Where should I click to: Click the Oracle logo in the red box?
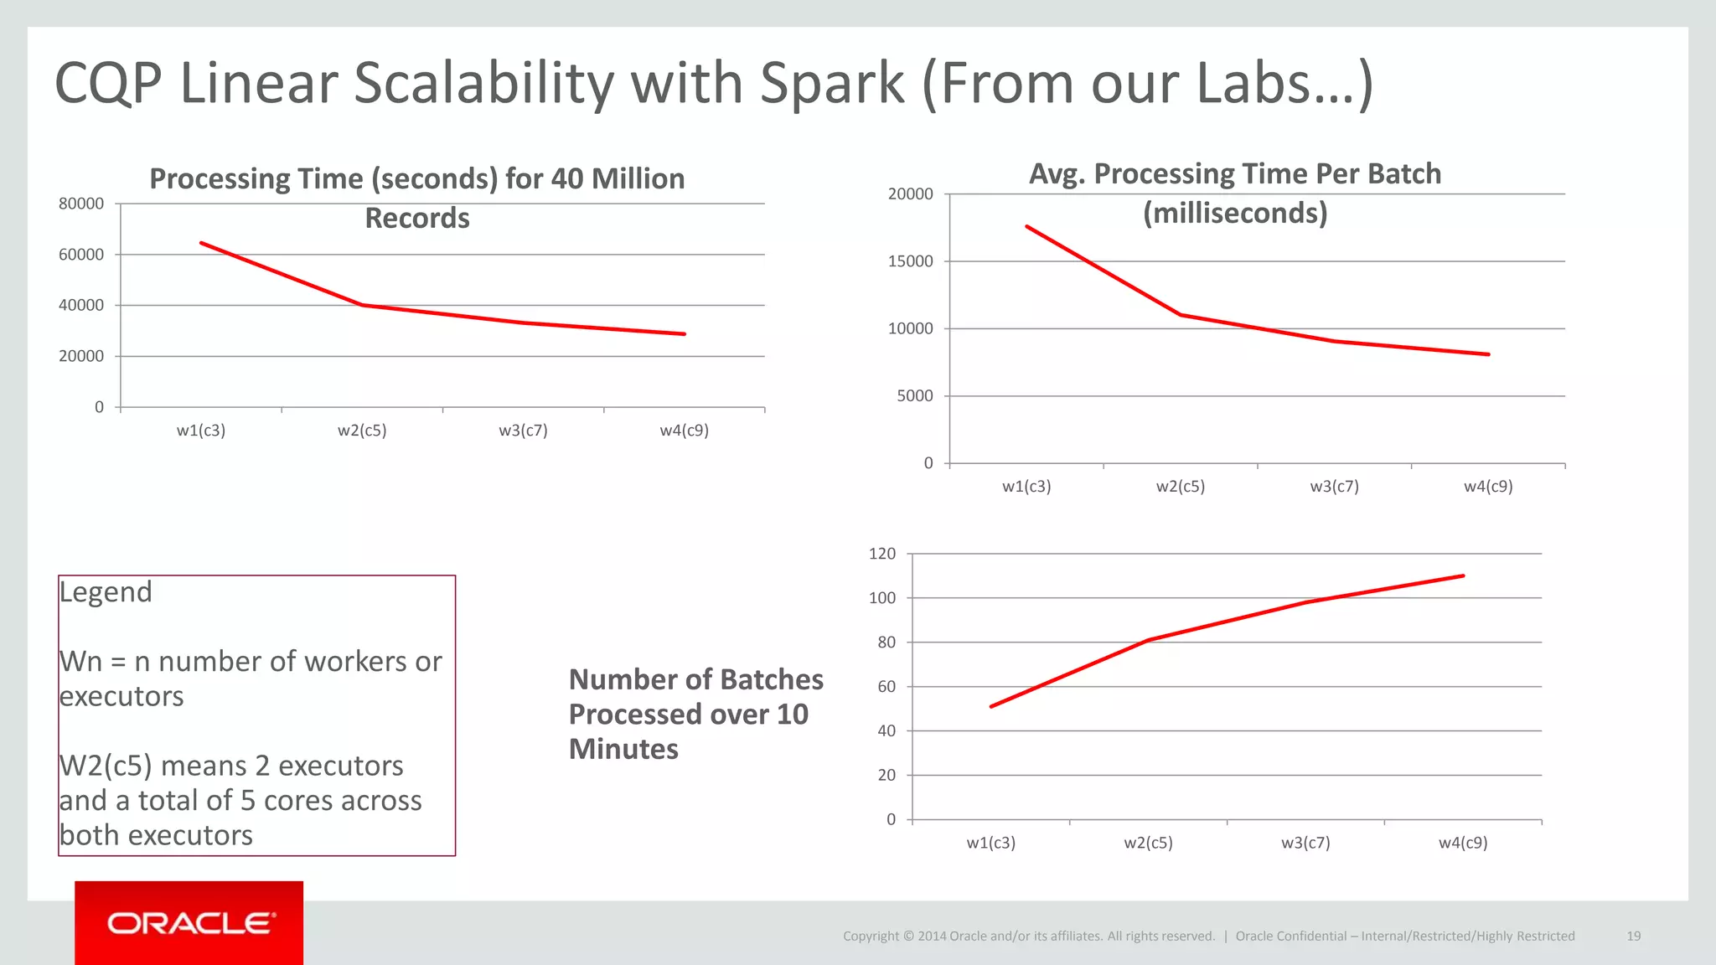[x=190, y=923]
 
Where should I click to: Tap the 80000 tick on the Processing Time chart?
[x=81, y=204]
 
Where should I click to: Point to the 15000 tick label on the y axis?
[x=910, y=261]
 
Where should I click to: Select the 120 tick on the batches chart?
[x=882, y=554]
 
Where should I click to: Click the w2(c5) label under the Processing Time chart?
[x=362, y=431]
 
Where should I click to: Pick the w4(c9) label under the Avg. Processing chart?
[x=1488, y=487]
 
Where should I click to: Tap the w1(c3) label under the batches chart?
[x=990, y=843]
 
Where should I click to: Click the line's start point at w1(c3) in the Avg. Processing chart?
[x=1027, y=227]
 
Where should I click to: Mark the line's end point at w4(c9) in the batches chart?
[x=1463, y=575]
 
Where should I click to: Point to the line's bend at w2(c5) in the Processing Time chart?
[x=362, y=305]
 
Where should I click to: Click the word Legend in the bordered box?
[x=106, y=592]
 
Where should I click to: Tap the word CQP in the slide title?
[x=108, y=84]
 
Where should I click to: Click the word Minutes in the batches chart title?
[x=623, y=749]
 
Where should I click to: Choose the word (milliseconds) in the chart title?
[x=1235, y=213]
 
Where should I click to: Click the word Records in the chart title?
[x=417, y=218]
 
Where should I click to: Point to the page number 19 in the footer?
[x=1633, y=936]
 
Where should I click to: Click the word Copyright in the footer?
[x=871, y=936]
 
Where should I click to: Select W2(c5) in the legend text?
[x=105, y=766]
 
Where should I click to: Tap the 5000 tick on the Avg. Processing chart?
[x=914, y=396]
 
